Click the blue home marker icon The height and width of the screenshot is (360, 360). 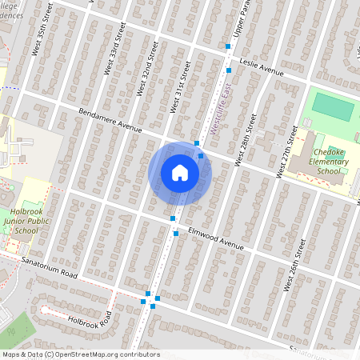point(180,173)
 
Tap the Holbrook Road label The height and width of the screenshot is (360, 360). point(93,321)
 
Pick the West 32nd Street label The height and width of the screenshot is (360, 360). point(146,73)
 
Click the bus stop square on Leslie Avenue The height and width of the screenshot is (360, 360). point(228,47)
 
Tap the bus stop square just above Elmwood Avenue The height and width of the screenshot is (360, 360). point(173,218)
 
